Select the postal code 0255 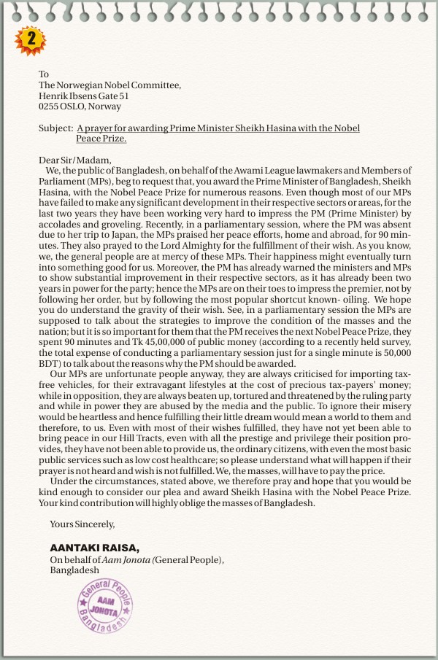tap(49, 106)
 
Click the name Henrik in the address tap(53, 96)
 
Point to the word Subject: tap(55, 128)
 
